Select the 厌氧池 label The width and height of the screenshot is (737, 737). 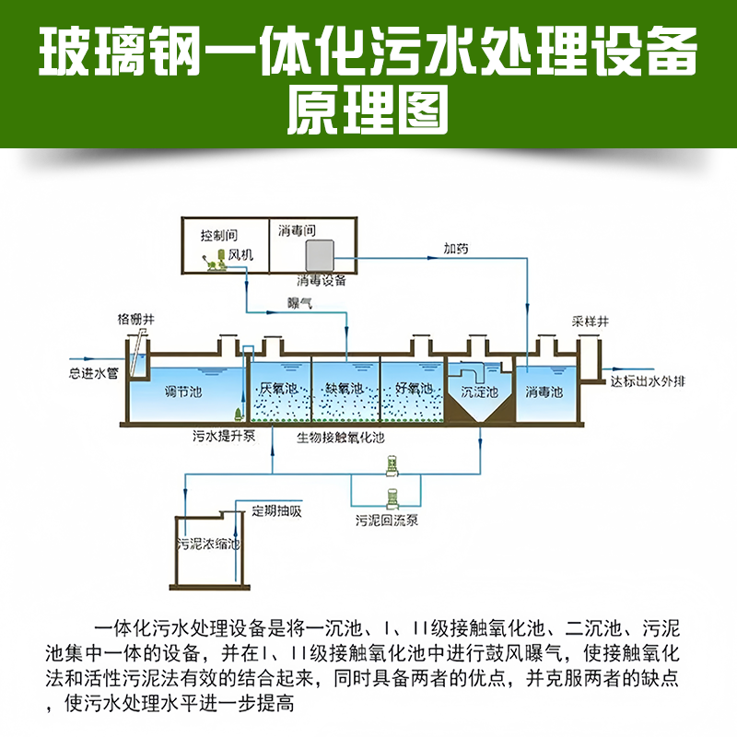coord(278,388)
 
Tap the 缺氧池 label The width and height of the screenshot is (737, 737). coord(345,388)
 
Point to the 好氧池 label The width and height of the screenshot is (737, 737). coord(414,388)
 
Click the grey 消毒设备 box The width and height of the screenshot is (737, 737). coord(321,253)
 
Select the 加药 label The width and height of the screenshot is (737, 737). coord(456,248)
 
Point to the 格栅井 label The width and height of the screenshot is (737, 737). coord(136,319)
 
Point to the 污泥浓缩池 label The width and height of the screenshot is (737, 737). coord(208,544)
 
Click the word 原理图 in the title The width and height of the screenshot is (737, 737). coord(368,111)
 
